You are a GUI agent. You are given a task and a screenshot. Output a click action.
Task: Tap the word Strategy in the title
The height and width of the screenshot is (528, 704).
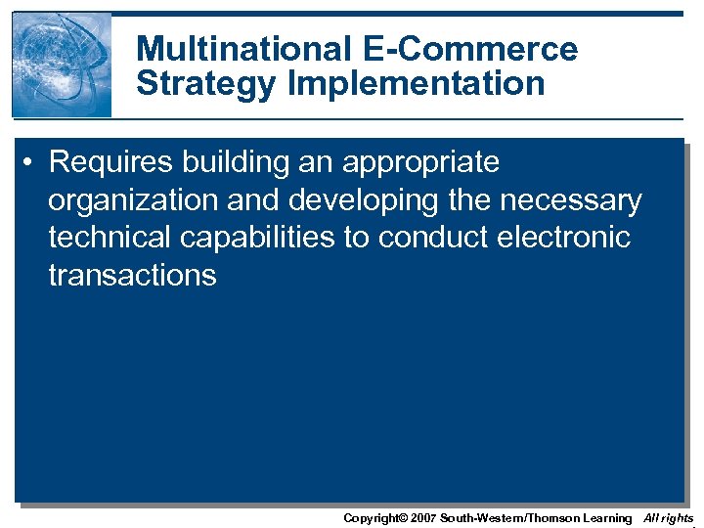pos(207,84)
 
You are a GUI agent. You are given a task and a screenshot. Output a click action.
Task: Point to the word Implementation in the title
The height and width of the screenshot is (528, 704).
pos(417,84)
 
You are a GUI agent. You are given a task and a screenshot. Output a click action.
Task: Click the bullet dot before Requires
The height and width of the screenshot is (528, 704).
pos(31,162)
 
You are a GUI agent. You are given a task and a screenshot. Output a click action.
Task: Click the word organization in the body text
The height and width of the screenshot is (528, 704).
pos(133,200)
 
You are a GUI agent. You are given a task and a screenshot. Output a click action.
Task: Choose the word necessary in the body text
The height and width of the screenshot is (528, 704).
pos(571,200)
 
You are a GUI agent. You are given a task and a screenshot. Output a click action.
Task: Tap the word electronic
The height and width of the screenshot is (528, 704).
pos(571,238)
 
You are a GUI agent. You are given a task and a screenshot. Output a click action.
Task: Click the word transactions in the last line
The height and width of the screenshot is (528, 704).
pos(132,275)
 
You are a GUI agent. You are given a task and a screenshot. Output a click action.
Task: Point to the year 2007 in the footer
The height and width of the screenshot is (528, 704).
pos(422,518)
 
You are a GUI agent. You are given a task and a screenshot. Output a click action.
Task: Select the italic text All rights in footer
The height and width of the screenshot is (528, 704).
pos(668,518)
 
